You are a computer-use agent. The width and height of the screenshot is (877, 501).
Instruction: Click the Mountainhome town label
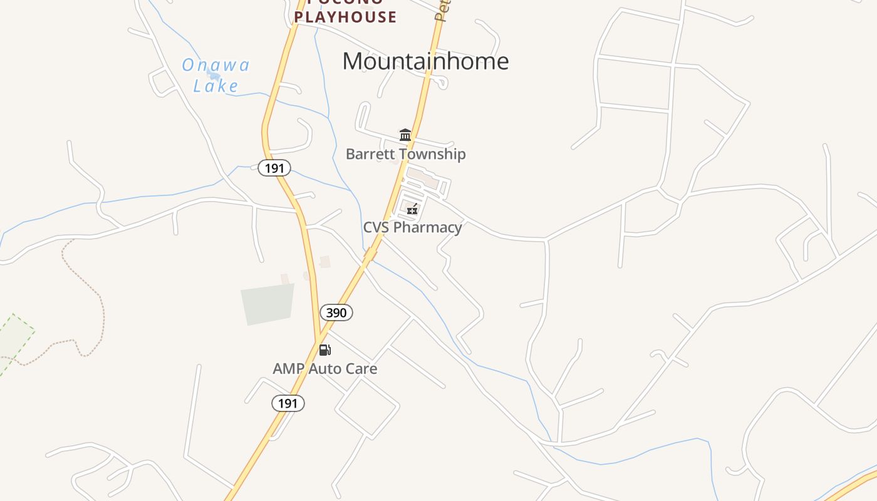(425, 61)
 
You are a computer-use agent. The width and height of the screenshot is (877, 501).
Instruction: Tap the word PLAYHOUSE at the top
(346, 17)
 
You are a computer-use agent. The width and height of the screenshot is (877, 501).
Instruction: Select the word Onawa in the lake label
(216, 65)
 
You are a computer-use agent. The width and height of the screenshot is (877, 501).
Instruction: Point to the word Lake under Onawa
(215, 86)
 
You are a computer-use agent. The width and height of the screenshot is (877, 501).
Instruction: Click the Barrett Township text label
(405, 154)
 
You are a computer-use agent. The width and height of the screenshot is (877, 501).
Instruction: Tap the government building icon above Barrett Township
(405, 135)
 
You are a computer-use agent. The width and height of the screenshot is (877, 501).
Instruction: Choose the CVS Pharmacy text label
(412, 227)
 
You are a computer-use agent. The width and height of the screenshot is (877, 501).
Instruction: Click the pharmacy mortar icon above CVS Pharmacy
(412, 209)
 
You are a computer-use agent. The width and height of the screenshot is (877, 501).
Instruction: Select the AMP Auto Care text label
(324, 368)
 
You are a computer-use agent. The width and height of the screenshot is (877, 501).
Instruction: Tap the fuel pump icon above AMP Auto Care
(324, 349)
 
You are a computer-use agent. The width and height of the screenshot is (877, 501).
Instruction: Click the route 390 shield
(336, 312)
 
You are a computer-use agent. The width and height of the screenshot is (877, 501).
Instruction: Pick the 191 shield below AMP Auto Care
(288, 403)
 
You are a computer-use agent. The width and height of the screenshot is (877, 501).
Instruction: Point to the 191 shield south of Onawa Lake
(274, 168)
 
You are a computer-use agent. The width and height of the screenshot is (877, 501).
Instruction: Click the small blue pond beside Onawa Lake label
(213, 75)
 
